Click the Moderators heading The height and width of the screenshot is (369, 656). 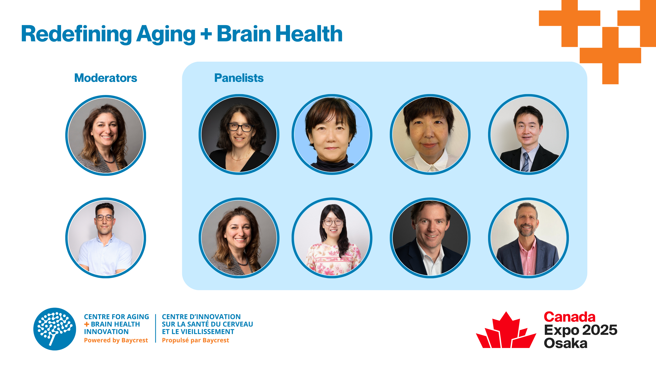click(106, 78)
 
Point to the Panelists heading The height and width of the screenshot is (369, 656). click(239, 78)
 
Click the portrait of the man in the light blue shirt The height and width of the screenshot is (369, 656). click(106, 238)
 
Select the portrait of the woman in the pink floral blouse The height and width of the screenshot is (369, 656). click(332, 238)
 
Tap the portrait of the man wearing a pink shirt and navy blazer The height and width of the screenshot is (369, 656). click(528, 238)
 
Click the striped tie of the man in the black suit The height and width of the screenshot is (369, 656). click(525, 162)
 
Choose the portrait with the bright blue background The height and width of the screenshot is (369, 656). click(332, 134)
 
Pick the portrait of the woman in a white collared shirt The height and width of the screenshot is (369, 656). click(430, 134)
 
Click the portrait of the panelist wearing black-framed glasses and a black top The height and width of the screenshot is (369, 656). click(239, 134)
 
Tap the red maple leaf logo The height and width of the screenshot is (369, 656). click(506, 330)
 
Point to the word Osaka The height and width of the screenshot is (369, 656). click(566, 343)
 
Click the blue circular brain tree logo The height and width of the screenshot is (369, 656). click(54, 329)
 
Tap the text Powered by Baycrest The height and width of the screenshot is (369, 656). click(116, 340)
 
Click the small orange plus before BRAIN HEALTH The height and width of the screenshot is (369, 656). click(87, 324)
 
